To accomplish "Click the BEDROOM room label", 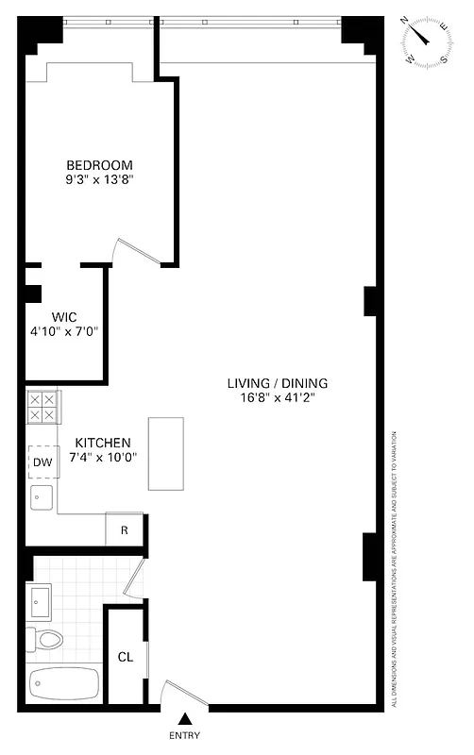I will pos(99,163).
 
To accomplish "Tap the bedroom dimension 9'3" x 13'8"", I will pos(99,178).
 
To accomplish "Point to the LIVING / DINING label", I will pos(277,383).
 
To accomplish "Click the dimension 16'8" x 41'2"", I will pos(277,398).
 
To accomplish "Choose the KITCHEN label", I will pos(102,443).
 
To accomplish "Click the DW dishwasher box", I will pos(42,461).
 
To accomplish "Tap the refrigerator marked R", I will pos(124,530).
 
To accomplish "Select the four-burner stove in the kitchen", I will pos(42,407).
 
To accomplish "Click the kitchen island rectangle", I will pos(166,453).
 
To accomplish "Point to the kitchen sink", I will pos(42,497).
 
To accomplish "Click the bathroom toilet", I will pos(45,640).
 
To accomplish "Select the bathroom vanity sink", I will pos(40,598).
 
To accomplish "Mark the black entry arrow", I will pos(184,720).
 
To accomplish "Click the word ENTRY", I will pos(184,736).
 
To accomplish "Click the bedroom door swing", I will pos(127,249).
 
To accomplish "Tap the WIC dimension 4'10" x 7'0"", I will pos(64,331).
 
